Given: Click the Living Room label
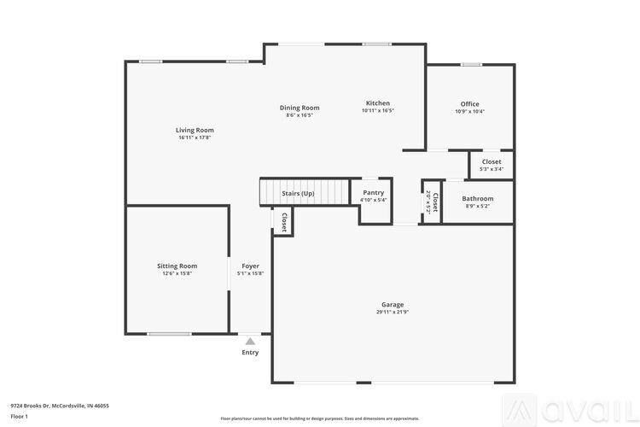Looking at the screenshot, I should tap(195, 130).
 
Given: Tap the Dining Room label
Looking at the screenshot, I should tap(300, 108).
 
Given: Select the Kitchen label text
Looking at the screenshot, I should tap(378, 103).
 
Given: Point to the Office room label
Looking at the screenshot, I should tap(469, 104).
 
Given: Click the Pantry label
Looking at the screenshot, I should tap(374, 193).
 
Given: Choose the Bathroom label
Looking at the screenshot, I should tap(478, 199).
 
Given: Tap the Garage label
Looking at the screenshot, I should tap(393, 305).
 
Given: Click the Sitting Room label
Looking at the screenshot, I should tap(177, 266).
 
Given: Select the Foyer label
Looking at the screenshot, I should tap(250, 266).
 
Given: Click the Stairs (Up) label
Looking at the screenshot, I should tap(298, 194).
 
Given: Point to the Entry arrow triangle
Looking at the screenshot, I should tap(250, 341).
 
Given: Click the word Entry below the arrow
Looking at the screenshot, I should tap(250, 352).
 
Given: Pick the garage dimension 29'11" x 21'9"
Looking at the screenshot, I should tap(393, 313).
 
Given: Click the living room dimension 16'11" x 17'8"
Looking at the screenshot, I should tap(195, 137).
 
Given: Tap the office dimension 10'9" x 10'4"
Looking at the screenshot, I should tap(469, 112).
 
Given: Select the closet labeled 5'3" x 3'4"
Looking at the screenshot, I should tap(492, 169).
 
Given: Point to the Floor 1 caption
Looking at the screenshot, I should tap(19, 416).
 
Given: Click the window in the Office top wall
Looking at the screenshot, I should tap(471, 64).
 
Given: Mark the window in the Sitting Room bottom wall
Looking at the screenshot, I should tap(169, 333).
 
